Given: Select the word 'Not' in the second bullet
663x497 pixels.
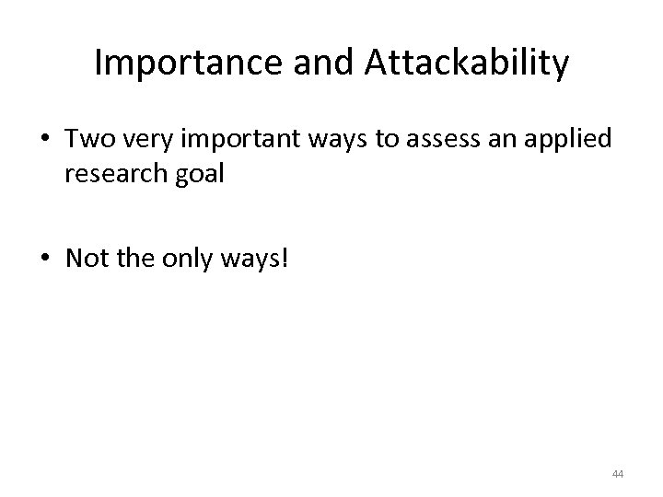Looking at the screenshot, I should [x=86, y=259].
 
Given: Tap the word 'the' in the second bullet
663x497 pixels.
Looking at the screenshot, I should [x=134, y=259].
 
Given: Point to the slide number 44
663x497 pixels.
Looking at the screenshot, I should [x=617, y=474].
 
